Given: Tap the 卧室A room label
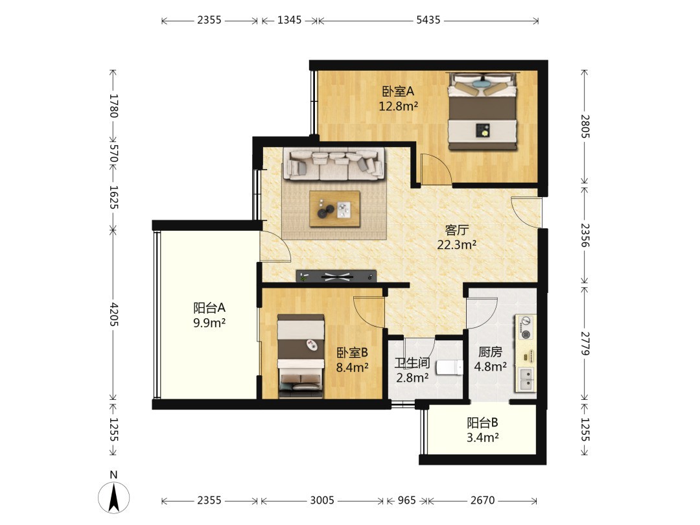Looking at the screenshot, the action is click(x=398, y=91).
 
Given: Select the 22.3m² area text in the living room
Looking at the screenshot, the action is click(x=456, y=244).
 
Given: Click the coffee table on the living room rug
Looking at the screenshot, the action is click(x=335, y=209).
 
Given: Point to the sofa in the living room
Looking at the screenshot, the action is click(x=334, y=164).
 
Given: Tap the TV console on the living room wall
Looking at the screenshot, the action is click(x=336, y=276).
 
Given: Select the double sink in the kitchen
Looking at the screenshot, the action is click(x=526, y=379).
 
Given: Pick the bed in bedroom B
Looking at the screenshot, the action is click(x=301, y=356).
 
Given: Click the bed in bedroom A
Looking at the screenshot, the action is click(x=484, y=111).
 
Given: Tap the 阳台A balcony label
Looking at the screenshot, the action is click(x=209, y=308).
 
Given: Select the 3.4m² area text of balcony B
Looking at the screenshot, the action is click(x=483, y=437).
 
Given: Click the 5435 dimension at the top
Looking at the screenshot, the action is click(x=428, y=20).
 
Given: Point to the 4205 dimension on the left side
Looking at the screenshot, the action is click(x=114, y=314).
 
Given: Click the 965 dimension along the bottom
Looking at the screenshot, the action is click(x=406, y=500).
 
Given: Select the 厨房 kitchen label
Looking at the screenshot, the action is click(x=490, y=352).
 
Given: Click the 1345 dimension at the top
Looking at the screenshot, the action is click(x=289, y=20).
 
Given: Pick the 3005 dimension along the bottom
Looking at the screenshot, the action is click(x=322, y=500).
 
